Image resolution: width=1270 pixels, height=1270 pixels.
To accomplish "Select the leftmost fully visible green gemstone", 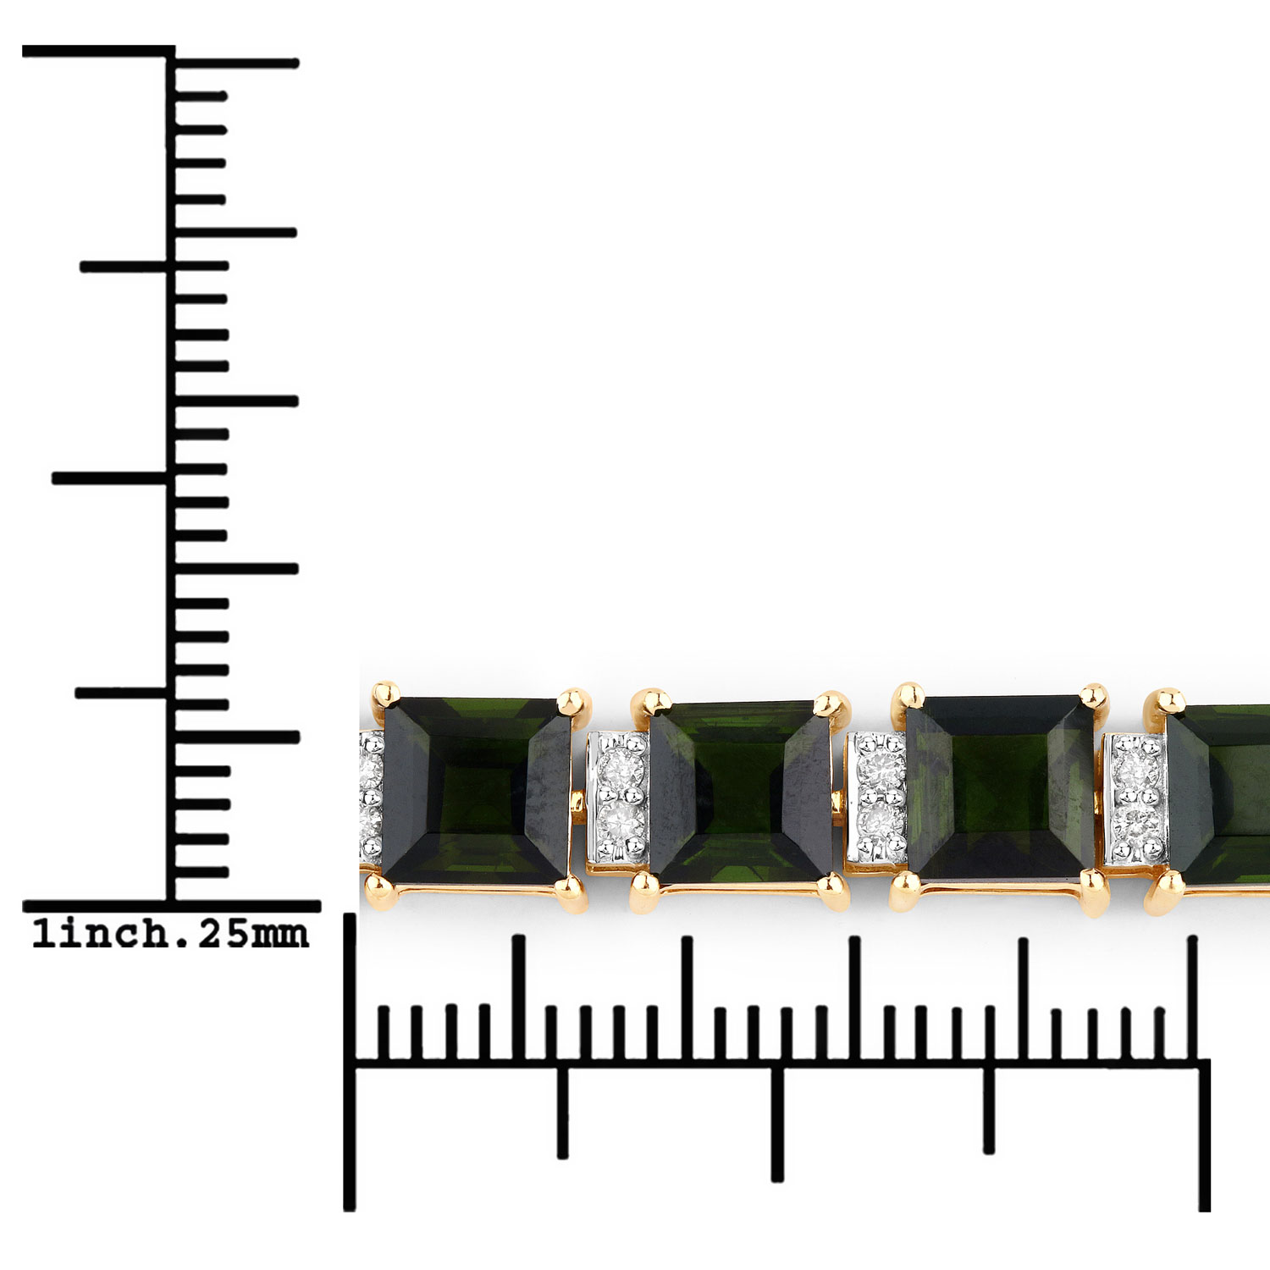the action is pos(477,789).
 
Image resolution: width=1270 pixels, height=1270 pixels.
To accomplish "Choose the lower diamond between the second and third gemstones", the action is pos(879,820).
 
